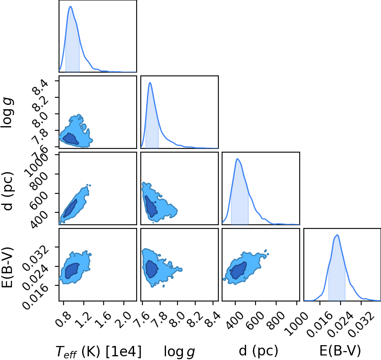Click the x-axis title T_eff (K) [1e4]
click(x=98, y=351)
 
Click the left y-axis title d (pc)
click(x=7, y=191)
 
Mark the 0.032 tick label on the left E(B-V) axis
click(x=36, y=258)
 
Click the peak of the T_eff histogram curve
click(x=71, y=6)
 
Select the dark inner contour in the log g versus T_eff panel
click(x=71, y=139)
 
